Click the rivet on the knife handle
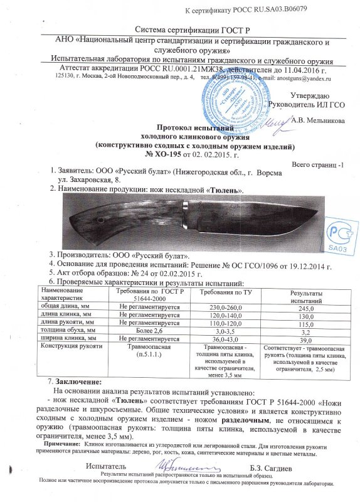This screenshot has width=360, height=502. (99, 220)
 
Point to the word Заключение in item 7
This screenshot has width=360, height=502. (76, 382)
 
